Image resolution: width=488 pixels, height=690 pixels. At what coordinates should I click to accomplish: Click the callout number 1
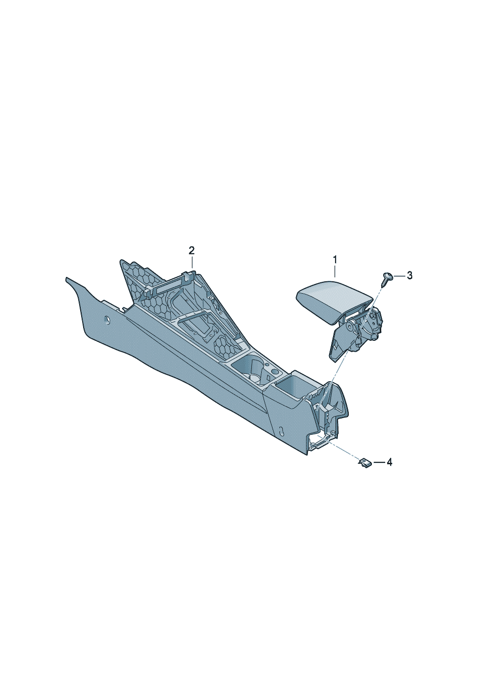[335, 260]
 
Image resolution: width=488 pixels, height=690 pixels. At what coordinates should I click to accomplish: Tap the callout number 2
[192, 250]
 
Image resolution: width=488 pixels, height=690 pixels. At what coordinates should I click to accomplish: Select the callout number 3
[409, 275]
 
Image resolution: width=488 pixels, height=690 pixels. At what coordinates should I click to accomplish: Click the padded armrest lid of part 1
[334, 299]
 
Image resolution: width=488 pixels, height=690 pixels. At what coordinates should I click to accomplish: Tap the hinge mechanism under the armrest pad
[357, 332]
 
